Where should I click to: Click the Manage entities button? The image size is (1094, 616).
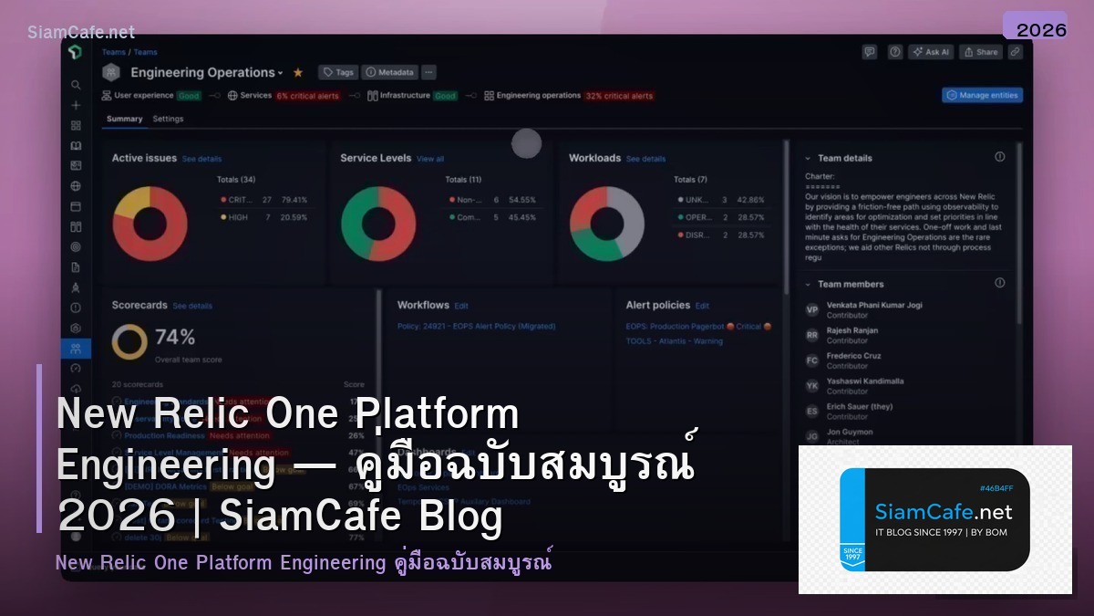coord(982,95)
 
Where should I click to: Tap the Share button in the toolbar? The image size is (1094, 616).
coord(981,52)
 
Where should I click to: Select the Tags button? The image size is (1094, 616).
coord(338,72)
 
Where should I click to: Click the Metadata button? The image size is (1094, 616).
coord(389,72)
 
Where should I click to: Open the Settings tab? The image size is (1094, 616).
coord(168,119)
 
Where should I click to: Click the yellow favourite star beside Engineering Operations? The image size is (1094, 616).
coord(297,72)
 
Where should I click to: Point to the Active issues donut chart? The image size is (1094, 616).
coord(150,224)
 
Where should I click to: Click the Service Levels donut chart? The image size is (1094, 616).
coord(378,224)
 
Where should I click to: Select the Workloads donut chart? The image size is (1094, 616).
coord(607,224)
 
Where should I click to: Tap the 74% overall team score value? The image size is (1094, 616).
coord(175,337)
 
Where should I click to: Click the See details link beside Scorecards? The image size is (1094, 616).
coord(192,306)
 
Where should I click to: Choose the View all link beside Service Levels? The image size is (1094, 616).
coord(430,159)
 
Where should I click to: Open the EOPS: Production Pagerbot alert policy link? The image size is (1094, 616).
coord(675,326)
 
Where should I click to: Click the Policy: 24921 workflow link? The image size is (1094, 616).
coord(476,326)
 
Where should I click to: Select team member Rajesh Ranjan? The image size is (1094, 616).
coord(852,330)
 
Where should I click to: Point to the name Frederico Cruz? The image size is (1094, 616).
coord(853,356)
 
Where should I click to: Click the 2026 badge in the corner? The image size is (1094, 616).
coord(1041,29)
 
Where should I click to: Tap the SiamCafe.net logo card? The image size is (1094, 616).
coord(934,519)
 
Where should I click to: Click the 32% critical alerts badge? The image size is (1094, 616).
coord(619,96)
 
